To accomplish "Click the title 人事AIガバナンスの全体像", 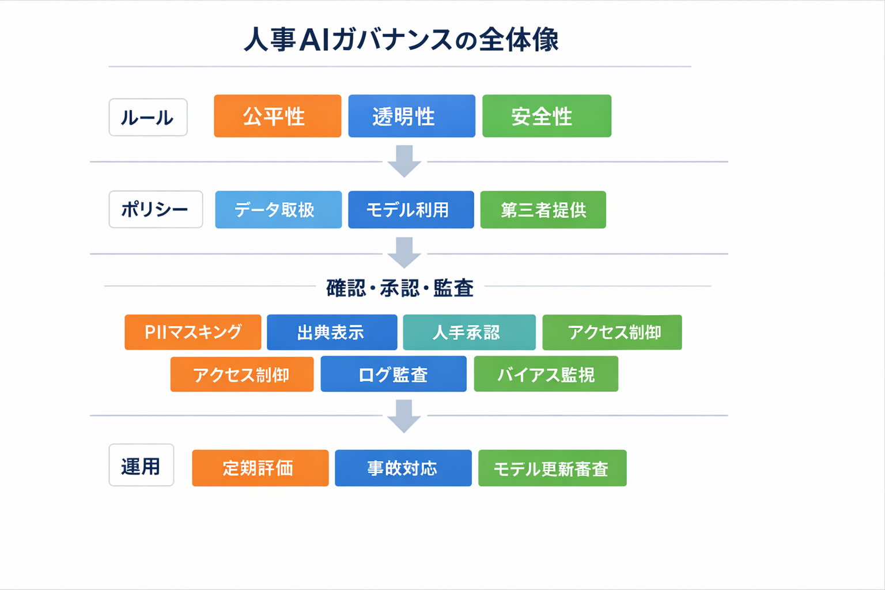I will (401, 40).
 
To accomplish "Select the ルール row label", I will (148, 118).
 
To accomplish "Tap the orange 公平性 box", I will (277, 116).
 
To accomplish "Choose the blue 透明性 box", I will (411, 116).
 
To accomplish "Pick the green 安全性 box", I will (546, 116).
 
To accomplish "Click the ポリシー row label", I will (156, 209).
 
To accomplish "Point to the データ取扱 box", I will (278, 210).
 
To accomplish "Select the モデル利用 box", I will (411, 210).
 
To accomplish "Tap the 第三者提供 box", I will (543, 210).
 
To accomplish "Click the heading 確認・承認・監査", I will (400, 288).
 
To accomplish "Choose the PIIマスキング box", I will (192, 332).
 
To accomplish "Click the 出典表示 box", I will (332, 332).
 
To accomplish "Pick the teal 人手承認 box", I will (469, 332).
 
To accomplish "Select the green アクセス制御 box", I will (612, 332).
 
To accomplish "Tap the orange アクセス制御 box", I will (242, 375).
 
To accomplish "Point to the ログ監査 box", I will (394, 375).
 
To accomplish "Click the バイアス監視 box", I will (546, 375).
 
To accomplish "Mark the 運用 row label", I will (141, 465).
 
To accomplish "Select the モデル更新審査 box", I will (552, 468).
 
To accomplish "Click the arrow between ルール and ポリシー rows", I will (404, 161).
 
